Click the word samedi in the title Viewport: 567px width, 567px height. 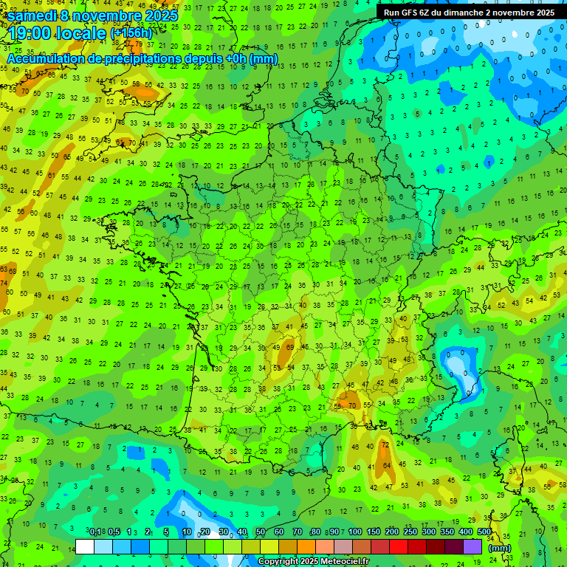tap(33, 15)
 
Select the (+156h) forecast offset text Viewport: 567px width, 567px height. tap(131, 34)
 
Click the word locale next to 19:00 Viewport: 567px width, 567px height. tap(86, 33)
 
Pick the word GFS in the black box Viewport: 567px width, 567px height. tap(419, 13)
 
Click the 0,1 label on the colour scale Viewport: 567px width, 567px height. tap(95, 532)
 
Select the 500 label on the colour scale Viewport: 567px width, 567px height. tap(484, 532)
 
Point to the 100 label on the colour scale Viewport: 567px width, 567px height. tap(355, 532)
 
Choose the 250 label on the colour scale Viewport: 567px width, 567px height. tap(410, 532)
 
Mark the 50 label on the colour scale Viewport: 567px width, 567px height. tap(260, 532)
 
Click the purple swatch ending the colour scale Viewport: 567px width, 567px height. tap(472, 546)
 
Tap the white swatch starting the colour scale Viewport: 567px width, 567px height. tap(85, 546)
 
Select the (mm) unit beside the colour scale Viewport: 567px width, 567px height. tap(500, 548)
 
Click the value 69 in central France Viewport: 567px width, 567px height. tap(290, 346)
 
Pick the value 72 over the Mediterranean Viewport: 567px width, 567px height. tap(385, 446)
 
